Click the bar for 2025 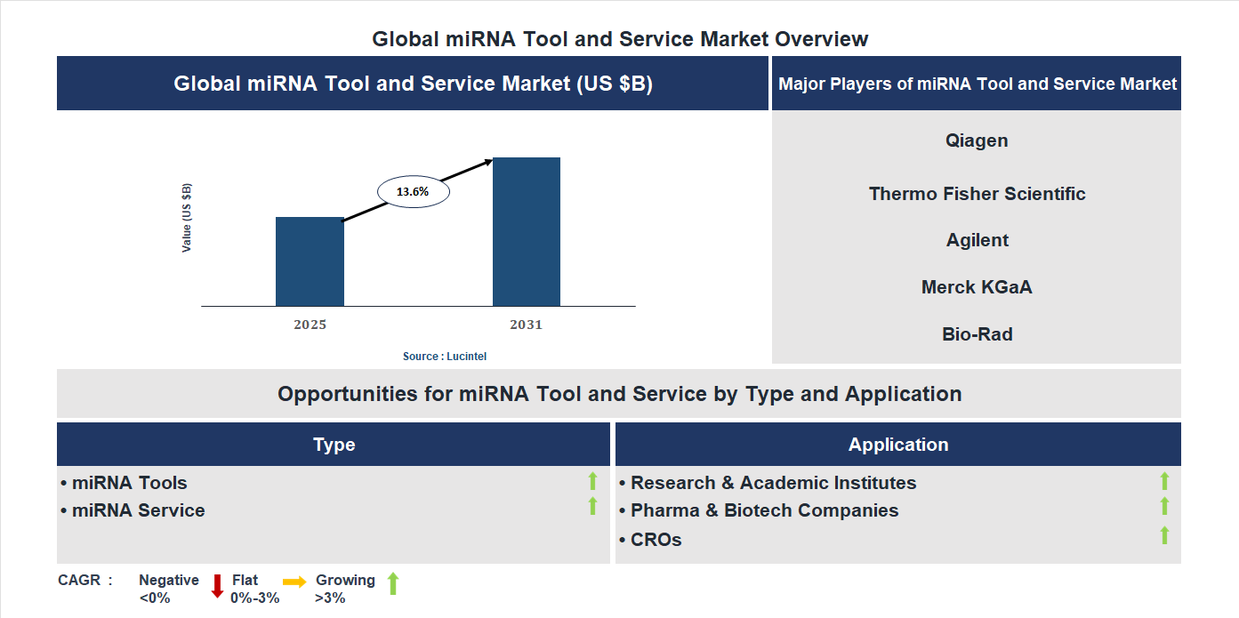310,261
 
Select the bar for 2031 527,232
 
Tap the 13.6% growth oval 414,191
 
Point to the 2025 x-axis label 310,325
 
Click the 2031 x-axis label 526,325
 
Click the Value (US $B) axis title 187,218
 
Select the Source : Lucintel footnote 445,356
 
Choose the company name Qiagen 977,140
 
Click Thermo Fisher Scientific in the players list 977,194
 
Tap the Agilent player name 977,240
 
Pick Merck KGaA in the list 977,287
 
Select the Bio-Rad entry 977,334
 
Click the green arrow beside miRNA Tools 592,481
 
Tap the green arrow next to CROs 1164,535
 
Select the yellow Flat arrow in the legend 294,582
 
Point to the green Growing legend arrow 393,584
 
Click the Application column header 897,445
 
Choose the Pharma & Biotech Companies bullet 764,510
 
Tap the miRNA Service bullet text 138,510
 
